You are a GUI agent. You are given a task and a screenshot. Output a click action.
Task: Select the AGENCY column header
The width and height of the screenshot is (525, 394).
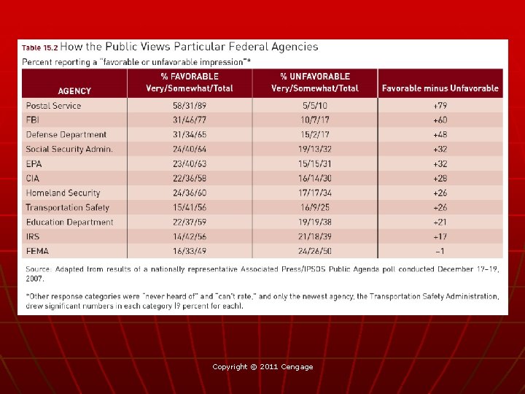pyautogui.click(x=74, y=90)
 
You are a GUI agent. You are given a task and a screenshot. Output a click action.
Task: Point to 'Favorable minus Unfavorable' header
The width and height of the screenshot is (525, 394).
pyautogui.click(x=440, y=88)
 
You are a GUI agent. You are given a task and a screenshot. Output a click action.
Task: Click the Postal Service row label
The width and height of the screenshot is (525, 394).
pyautogui.click(x=53, y=106)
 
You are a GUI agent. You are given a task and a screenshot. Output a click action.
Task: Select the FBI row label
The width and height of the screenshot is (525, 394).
pyautogui.click(x=34, y=120)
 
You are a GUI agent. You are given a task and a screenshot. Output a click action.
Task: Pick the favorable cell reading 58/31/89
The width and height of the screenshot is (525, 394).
pyautogui.click(x=190, y=106)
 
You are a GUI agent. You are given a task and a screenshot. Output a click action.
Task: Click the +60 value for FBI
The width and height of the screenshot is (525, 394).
pyautogui.click(x=440, y=120)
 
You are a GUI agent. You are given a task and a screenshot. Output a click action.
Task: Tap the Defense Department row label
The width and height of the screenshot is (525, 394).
pyautogui.click(x=66, y=134)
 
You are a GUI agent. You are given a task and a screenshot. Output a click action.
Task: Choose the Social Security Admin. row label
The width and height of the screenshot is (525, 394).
pyautogui.click(x=69, y=149)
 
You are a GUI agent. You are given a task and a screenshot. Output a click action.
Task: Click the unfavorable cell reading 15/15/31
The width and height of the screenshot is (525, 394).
pyautogui.click(x=315, y=163)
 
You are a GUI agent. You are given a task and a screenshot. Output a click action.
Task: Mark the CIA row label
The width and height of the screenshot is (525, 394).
pyautogui.click(x=34, y=178)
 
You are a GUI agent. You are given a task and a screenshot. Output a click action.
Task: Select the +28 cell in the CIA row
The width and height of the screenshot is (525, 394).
pyautogui.click(x=440, y=178)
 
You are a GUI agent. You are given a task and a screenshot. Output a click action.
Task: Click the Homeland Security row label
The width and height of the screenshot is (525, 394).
pyautogui.click(x=63, y=193)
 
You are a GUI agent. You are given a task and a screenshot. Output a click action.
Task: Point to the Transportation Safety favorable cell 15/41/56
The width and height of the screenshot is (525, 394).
pyautogui.click(x=190, y=207)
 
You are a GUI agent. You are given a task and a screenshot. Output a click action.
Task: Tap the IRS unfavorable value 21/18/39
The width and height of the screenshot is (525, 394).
pyautogui.click(x=315, y=236)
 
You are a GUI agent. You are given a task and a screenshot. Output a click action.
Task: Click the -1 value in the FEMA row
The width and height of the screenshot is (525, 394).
pyautogui.click(x=440, y=251)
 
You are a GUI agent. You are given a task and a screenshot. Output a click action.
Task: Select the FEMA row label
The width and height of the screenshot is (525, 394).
pyautogui.click(x=37, y=251)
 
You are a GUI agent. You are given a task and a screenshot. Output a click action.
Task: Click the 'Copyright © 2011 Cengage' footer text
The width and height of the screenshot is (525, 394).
pyautogui.click(x=262, y=366)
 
